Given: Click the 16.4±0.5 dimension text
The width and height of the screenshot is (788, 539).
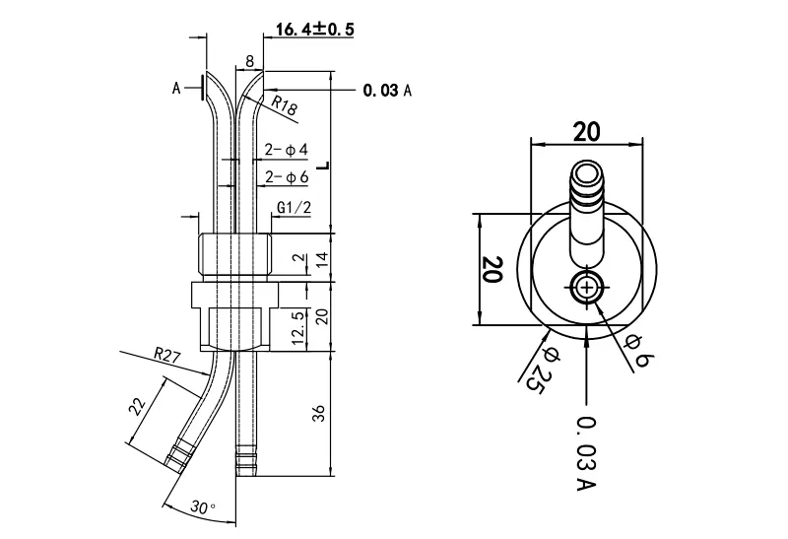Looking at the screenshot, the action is point(314,30).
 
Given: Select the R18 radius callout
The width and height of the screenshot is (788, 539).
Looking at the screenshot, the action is point(285,104).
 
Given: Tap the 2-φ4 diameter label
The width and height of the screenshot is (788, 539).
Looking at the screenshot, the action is point(287,150).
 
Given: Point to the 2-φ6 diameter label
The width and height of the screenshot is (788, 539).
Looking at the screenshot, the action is point(287,177).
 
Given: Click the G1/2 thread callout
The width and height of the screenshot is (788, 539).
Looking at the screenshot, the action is point(295,207).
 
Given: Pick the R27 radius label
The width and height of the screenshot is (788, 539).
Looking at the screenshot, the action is point(166,356).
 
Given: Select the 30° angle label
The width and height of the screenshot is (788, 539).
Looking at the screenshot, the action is point(203,507).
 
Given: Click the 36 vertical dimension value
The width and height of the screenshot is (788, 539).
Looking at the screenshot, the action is point(320,413).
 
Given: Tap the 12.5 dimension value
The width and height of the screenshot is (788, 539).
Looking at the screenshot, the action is point(298,328).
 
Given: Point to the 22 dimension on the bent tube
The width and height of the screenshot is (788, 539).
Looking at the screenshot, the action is point(138,406).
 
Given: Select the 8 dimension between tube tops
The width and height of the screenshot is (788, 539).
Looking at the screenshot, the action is point(250,61).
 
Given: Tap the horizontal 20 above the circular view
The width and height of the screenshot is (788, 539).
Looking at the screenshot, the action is point(586,132).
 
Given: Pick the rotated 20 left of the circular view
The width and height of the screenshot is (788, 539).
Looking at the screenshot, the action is point(492,269).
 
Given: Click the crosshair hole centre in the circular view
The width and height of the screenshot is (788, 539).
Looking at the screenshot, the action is point(586,288).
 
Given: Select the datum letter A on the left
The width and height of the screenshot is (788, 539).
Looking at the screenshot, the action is point(176,89).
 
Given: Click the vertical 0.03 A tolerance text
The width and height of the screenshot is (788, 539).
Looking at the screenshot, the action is point(586,453).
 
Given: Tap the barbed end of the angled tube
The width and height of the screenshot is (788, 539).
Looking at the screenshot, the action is point(179,456).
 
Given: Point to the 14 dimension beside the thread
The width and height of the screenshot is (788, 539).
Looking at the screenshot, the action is point(322,259).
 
